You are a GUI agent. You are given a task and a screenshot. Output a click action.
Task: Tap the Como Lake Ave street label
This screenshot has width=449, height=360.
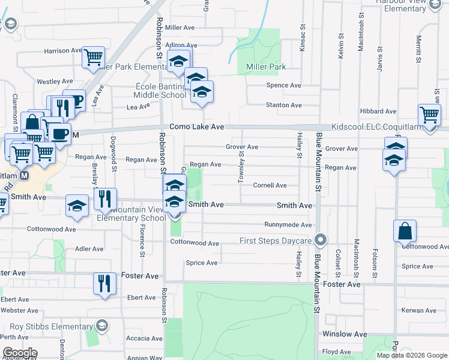(x=196, y=127)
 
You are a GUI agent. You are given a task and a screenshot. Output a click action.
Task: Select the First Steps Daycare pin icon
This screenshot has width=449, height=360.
(x=321, y=241)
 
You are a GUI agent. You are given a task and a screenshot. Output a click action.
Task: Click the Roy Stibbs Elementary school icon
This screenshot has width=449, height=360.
(x=101, y=325)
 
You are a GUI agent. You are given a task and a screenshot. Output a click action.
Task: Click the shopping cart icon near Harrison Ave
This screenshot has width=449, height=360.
(x=93, y=57)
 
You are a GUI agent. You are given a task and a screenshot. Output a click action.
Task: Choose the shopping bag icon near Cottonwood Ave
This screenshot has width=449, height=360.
(x=405, y=230)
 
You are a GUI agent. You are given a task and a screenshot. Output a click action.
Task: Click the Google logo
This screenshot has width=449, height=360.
(x=19, y=353)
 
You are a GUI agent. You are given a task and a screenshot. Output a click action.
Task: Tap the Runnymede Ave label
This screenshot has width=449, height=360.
(x=289, y=225)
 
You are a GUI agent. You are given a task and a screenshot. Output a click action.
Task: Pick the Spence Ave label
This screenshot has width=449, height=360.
(x=283, y=86)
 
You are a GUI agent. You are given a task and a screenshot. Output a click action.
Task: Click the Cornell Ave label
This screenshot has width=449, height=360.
(x=270, y=185)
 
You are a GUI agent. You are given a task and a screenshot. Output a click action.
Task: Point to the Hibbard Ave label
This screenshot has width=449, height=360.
(x=378, y=112)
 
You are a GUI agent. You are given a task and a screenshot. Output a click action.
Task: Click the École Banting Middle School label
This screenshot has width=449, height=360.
(x=160, y=90)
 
